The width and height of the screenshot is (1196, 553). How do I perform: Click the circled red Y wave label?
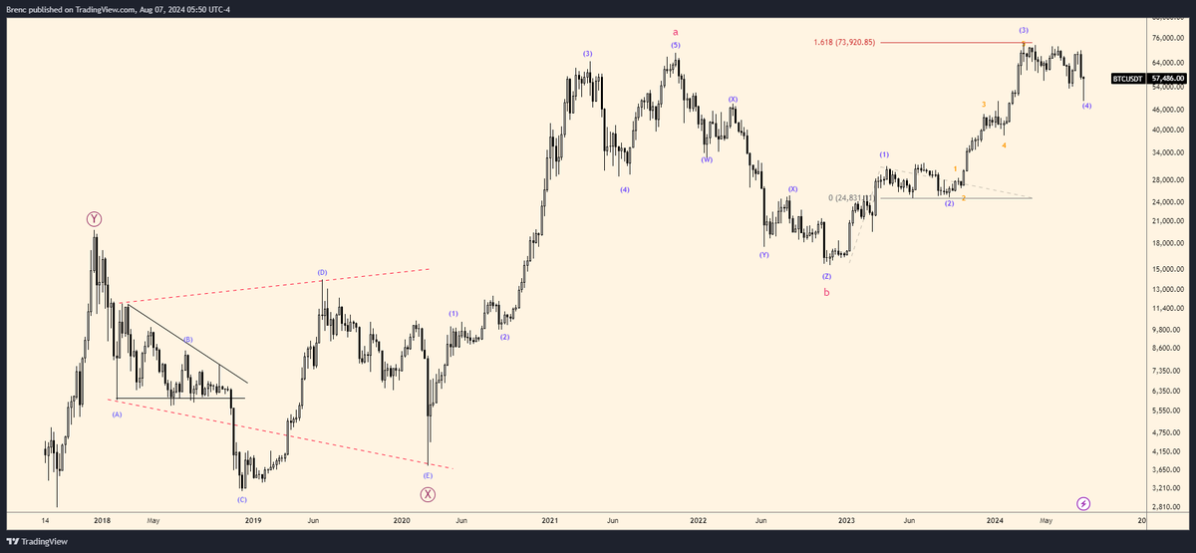click(x=94, y=218)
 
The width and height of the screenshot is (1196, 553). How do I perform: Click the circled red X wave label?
click(x=428, y=493)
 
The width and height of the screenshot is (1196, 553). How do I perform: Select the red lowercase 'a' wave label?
click(x=675, y=32)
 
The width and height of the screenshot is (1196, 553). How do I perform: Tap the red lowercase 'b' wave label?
click(x=825, y=292)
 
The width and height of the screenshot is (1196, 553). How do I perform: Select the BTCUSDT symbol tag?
click(x=1127, y=78)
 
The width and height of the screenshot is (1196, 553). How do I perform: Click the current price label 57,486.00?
click(x=1167, y=78)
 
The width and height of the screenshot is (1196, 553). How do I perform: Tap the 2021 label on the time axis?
click(x=549, y=520)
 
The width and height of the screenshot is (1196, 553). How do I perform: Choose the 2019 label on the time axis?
click(x=253, y=520)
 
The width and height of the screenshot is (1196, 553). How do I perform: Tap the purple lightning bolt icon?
click(x=1083, y=504)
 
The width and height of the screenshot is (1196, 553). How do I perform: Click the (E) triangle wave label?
click(x=428, y=476)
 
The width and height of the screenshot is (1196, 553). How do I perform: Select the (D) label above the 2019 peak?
click(x=322, y=272)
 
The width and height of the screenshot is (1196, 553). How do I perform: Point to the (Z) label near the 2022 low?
click(x=826, y=275)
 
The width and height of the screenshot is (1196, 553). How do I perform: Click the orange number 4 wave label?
click(x=1004, y=145)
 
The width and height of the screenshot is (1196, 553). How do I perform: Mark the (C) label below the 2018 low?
click(x=241, y=499)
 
